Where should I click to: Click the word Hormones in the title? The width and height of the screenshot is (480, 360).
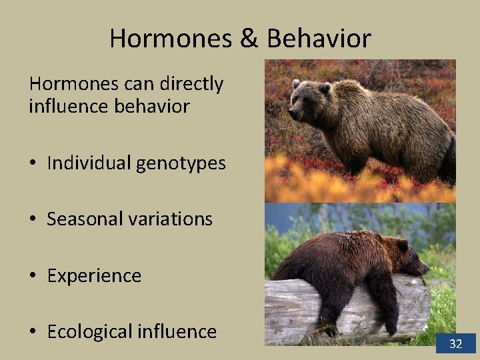pos(169,38)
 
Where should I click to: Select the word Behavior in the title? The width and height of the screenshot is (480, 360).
pos(318,38)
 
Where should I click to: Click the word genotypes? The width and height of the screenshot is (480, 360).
pos(181,163)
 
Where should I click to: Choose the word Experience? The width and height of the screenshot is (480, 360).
pos(94,275)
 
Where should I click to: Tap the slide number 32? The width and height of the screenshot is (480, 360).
pos(456,344)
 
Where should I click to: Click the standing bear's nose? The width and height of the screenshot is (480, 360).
pos(292,114)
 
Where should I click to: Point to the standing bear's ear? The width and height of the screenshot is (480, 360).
pos(325,87)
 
